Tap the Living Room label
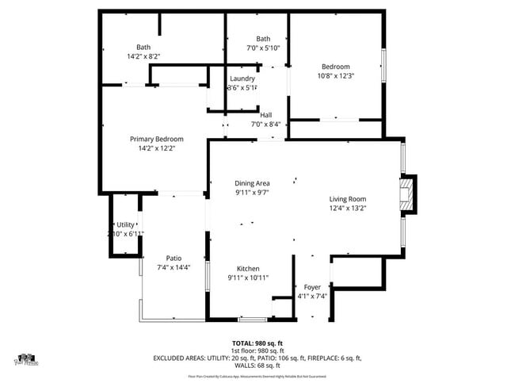348,199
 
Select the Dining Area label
252,183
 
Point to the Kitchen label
249,269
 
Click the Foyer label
312,287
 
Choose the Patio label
174,258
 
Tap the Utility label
125,225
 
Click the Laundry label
242,79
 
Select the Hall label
266,115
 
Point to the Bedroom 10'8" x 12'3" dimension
336,76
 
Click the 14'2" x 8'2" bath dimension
143,56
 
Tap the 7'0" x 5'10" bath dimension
263,48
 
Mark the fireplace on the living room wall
407,195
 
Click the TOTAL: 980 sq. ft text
257,343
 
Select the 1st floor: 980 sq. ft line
257,351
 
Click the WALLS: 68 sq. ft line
257,365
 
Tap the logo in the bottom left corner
26,360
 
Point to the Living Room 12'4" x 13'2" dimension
348,208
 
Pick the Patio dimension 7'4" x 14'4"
174,266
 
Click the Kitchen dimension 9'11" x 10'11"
249,278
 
